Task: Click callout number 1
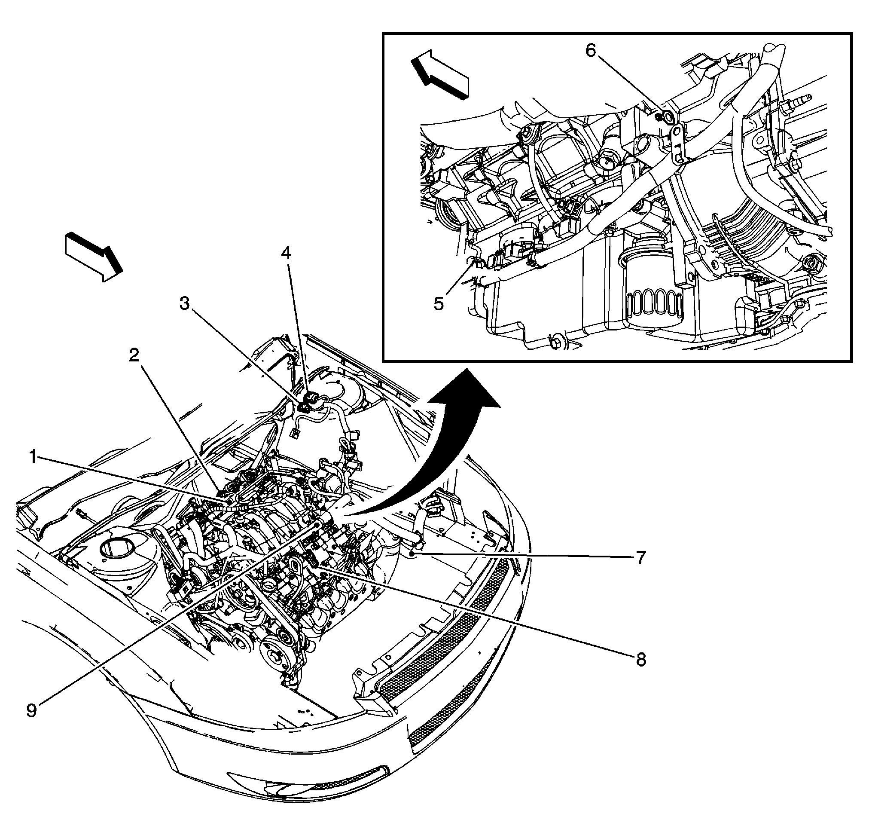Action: (x=33, y=456)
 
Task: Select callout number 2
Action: (x=134, y=355)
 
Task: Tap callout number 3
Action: (x=184, y=304)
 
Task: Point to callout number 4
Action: (x=287, y=254)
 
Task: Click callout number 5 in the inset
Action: (x=439, y=304)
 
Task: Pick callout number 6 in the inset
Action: (x=591, y=51)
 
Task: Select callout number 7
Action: (x=640, y=558)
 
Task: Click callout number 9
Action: (x=32, y=710)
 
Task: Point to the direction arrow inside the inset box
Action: (x=440, y=73)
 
